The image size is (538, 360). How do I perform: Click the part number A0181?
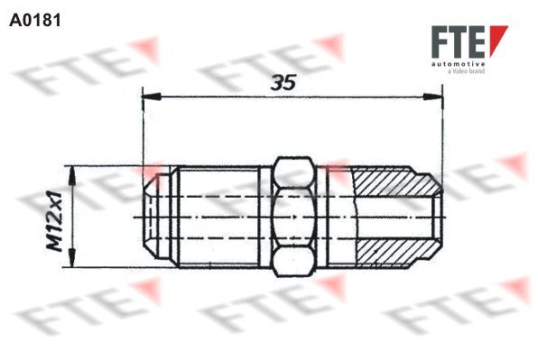pos(35,20)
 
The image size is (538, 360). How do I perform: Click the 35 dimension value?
pos(283,83)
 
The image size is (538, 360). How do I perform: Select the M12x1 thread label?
pos(55,222)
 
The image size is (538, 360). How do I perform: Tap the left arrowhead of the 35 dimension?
pos(152,97)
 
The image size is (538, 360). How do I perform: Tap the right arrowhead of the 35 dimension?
pos(433,97)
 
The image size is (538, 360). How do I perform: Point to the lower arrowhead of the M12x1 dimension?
pos(72,257)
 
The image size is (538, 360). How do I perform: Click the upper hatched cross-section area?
pos(394,181)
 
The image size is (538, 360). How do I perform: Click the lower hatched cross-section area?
pos(394,253)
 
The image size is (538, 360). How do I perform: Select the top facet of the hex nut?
pos(293,172)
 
